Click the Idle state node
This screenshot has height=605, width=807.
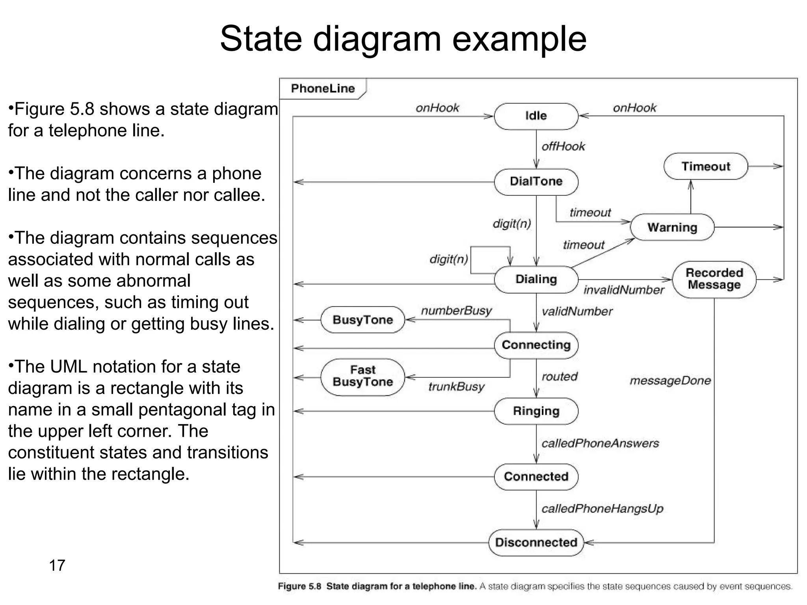[x=536, y=116]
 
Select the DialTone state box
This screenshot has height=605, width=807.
[x=536, y=182]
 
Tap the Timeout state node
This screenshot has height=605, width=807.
[x=705, y=167]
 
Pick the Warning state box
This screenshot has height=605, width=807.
[x=672, y=227]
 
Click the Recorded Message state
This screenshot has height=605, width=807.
[x=714, y=279]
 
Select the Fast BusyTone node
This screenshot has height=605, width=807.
[x=363, y=376]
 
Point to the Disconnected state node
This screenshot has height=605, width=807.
[x=536, y=542]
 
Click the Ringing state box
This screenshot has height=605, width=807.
[x=536, y=411]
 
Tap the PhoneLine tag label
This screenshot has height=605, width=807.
[x=323, y=89]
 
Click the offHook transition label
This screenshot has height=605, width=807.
[x=563, y=147]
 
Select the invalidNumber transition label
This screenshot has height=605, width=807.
[x=623, y=290]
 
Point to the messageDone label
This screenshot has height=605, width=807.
[x=670, y=381]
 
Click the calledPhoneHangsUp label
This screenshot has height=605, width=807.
[x=602, y=509]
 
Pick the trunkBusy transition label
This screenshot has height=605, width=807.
[x=456, y=387]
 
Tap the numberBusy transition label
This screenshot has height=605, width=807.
[x=456, y=311]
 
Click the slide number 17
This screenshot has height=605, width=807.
[x=57, y=566]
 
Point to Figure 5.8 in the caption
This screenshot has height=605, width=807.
[x=299, y=586]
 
